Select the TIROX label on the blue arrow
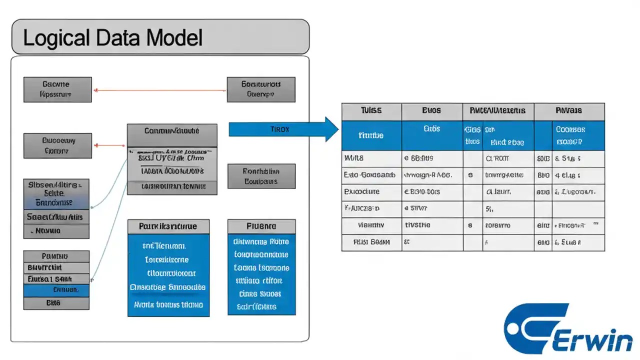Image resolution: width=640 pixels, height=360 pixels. (279, 129)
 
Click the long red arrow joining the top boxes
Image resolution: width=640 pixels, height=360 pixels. (160, 90)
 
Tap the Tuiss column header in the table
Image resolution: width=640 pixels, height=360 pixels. (371, 111)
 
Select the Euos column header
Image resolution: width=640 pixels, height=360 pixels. (431, 111)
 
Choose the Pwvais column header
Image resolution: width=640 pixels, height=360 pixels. (568, 111)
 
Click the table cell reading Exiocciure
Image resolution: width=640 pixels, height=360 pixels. (361, 191)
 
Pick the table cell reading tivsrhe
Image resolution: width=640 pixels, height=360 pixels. (417, 225)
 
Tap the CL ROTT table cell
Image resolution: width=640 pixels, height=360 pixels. (497, 158)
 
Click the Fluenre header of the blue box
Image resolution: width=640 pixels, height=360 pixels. (261, 226)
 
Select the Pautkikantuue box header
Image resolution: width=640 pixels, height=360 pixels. (168, 226)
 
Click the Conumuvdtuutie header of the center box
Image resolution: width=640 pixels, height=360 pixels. (172, 131)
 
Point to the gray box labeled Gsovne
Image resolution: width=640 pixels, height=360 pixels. (57, 89)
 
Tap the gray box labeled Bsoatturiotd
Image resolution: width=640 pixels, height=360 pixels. (260, 89)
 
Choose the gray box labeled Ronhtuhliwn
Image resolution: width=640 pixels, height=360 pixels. (260, 176)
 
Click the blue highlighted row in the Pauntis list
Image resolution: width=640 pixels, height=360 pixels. (56, 290)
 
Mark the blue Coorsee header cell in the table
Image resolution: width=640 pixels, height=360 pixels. (569, 135)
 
